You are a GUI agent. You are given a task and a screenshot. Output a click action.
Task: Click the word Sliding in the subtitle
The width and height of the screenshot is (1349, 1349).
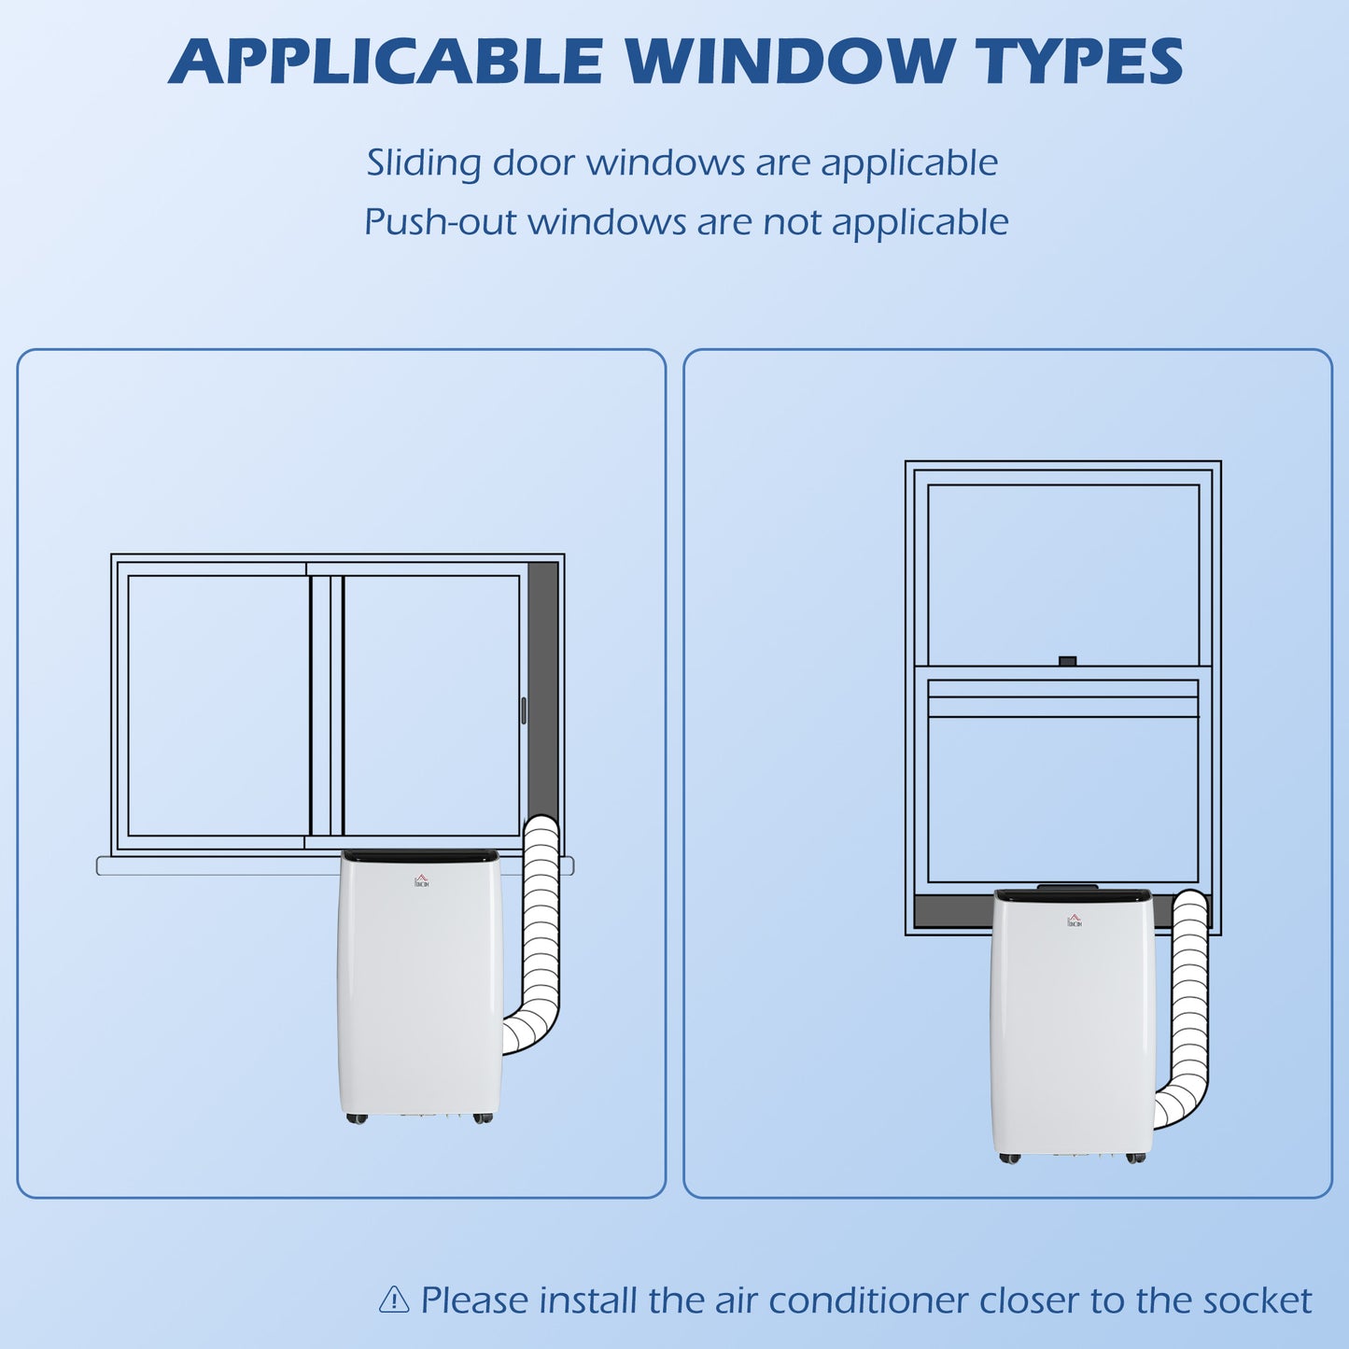[423, 163]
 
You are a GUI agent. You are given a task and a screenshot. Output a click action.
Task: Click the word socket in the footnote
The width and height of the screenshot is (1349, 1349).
[1258, 1300]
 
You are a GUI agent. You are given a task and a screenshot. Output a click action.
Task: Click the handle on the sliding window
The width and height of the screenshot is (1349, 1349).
[524, 710]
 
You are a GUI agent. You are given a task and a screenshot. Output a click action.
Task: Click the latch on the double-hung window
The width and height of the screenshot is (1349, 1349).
[1067, 661]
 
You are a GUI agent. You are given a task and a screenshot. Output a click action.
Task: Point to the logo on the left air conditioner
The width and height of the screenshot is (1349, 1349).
[421, 880]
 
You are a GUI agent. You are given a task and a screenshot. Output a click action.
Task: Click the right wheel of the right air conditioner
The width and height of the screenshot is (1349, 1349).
[1135, 1158]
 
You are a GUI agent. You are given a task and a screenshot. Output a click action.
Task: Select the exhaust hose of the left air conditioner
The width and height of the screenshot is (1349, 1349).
[541, 938]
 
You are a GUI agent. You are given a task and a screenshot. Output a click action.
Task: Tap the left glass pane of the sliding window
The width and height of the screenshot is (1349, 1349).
[218, 706]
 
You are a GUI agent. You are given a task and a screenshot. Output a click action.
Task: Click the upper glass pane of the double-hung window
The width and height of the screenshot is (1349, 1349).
[1063, 575]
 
